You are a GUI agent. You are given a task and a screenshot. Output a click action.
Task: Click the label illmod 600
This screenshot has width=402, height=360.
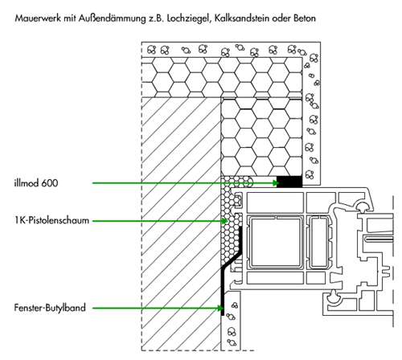[x=36, y=183]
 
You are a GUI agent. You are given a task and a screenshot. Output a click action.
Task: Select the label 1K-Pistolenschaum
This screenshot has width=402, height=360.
[x=51, y=220]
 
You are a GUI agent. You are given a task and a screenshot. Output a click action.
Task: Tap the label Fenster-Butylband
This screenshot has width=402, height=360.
[x=50, y=308]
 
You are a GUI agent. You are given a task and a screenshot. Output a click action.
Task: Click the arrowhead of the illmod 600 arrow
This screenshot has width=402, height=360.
[x=276, y=183]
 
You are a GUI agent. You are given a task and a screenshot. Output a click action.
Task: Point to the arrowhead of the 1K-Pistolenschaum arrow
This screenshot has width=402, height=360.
[x=224, y=221]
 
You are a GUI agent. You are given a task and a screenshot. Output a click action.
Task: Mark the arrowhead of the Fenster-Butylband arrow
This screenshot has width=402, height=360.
[x=220, y=309]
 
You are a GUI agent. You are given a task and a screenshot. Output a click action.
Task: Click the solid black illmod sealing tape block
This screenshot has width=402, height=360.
[x=289, y=182]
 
